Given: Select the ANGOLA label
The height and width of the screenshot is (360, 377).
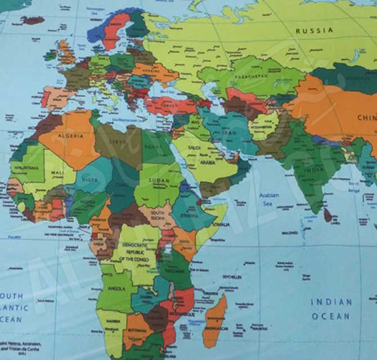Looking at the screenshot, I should tap(115, 289).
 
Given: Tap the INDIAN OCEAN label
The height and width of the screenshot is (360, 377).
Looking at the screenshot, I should tap(331, 309).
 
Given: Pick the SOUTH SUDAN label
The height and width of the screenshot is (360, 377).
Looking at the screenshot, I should tap(157, 215).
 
